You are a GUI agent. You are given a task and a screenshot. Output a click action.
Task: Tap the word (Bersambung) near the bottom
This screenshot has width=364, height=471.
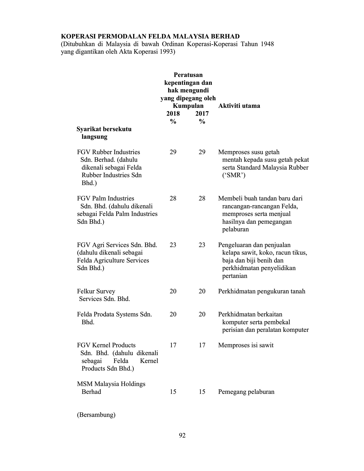(x=96, y=415)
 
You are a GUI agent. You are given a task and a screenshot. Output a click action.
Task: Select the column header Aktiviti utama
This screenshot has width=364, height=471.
(x=239, y=106)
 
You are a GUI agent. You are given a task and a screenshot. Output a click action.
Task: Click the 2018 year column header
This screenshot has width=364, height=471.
(x=173, y=114)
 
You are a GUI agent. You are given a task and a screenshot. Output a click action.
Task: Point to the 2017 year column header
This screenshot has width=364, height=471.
(x=202, y=114)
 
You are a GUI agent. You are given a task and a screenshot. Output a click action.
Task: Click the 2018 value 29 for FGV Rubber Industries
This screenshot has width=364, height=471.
(x=173, y=152)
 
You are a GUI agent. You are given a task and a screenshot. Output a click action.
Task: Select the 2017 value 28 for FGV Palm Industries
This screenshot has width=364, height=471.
(x=202, y=198)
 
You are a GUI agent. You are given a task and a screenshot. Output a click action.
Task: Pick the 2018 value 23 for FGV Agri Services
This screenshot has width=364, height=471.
(x=173, y=245)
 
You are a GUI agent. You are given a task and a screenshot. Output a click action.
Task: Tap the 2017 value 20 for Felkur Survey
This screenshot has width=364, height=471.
(x=202, y=291)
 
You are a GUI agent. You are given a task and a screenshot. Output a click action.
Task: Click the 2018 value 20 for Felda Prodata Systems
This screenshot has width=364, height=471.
(x=173, y=314)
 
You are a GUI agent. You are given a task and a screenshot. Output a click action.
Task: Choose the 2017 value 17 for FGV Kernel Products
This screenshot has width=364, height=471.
(x=202, y=345)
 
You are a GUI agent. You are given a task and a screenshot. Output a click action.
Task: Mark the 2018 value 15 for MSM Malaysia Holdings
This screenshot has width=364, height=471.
(x=173, y=392)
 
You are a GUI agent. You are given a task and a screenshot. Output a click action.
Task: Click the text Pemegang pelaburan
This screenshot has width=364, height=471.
(x=246, y=392)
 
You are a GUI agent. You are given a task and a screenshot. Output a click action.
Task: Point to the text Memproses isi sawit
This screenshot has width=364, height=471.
(x=246, y=345)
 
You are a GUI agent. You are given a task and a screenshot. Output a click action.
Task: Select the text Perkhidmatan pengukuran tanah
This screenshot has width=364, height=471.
(x=262, y=291)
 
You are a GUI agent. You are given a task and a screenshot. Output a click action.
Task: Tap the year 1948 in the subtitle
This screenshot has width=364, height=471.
(x=267, y=44)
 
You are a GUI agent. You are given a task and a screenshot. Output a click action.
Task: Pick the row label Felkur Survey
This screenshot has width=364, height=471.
(x=96, y=291)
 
